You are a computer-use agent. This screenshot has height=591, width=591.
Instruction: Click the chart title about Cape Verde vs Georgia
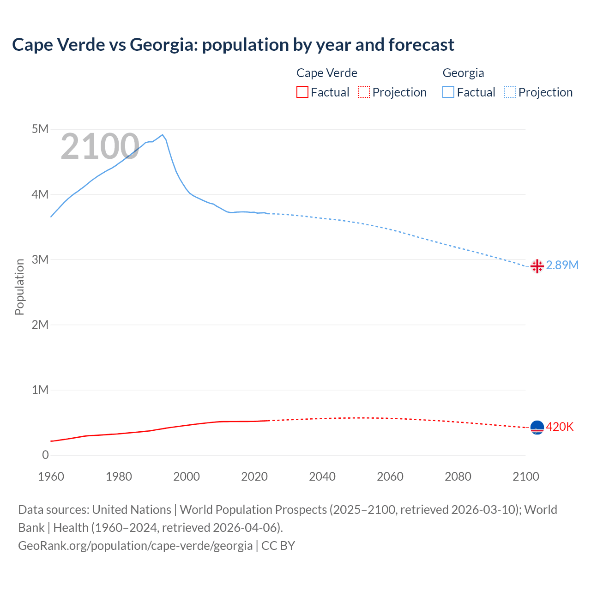point(233,45)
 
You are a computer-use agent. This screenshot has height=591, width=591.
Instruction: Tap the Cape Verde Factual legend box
point(302,92)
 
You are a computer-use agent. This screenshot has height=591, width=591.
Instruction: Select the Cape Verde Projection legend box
point(364,92)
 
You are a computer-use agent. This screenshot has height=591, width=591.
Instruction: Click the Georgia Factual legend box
point(448,92)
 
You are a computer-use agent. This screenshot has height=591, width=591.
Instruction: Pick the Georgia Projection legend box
point(510,92)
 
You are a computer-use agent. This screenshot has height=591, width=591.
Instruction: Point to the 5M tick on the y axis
point(40,129)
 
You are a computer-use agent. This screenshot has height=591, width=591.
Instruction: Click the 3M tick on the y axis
point(40,259)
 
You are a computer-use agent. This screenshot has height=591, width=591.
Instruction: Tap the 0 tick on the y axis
point(45,455)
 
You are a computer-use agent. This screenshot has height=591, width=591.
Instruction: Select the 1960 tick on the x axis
point(51,476)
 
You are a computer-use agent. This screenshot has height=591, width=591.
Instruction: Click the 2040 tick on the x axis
point(322,476)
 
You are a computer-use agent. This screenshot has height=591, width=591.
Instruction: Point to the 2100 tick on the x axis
point(526,476)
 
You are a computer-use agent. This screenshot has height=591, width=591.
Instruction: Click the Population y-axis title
point(19,287)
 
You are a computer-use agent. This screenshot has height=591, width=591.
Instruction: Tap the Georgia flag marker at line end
point(537,266)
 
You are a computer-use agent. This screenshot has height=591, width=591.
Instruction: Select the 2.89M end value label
point(562,265)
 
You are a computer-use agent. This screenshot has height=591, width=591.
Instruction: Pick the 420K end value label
point(560,427)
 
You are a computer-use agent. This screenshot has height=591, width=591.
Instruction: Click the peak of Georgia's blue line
point(162,135)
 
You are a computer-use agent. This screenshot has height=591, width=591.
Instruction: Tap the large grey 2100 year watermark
point(100,147)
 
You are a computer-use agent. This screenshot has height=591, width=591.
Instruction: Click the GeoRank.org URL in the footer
point(135,546)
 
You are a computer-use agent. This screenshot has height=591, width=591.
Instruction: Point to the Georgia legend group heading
point(463,73)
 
